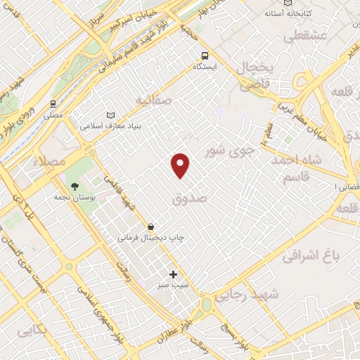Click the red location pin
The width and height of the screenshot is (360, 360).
point(181,165)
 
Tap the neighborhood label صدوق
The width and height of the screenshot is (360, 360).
point(189,199)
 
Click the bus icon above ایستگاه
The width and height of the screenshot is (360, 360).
point(205,56)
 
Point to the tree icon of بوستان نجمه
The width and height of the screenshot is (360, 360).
point(75,186)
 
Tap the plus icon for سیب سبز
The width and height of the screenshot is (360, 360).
point(173,274)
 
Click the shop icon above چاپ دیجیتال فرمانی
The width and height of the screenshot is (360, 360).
point(151,226)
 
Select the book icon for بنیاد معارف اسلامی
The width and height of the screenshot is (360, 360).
point(109,115)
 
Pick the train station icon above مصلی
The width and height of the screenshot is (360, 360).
point(53,102)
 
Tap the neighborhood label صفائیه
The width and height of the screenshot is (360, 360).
point(154,100)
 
